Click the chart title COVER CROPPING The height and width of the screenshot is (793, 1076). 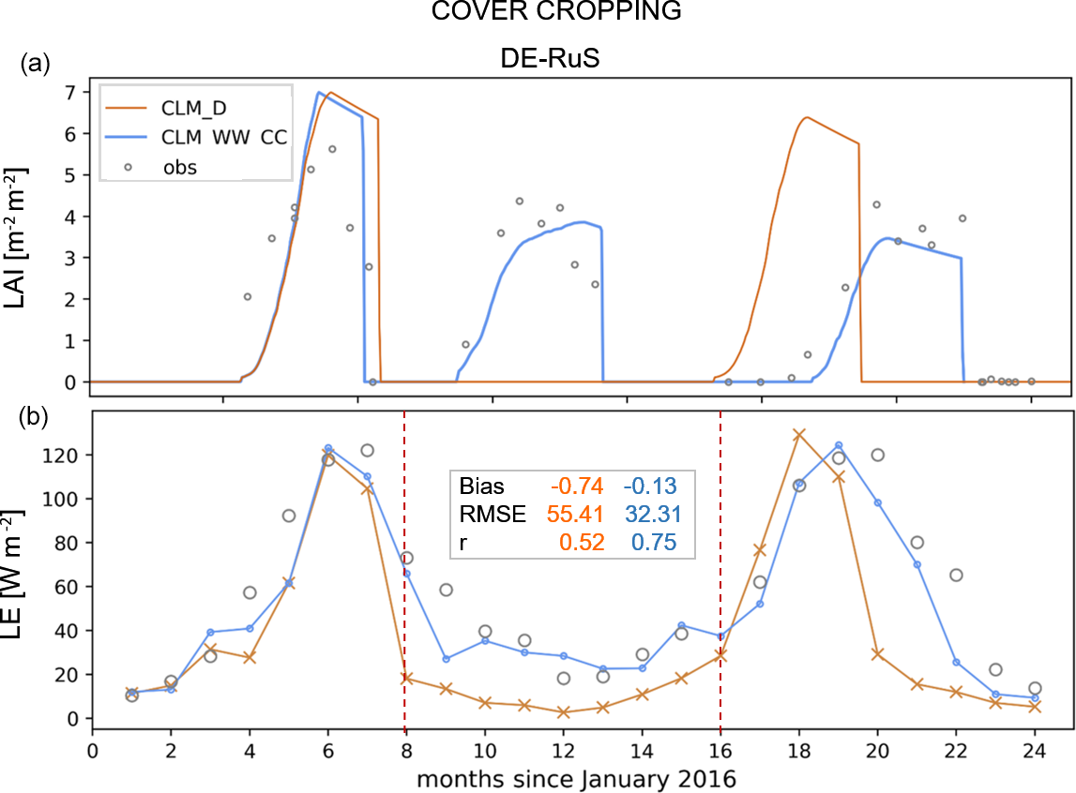[x=538, y=13]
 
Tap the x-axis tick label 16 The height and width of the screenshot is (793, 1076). [x=720, y=752]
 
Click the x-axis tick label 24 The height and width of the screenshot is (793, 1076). [x=1035, y=752]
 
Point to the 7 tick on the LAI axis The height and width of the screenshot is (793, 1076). [x=70, y=92]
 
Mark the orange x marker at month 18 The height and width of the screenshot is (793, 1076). [x=799, y=435]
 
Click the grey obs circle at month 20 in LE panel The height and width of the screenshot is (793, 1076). [x=878, y=455]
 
